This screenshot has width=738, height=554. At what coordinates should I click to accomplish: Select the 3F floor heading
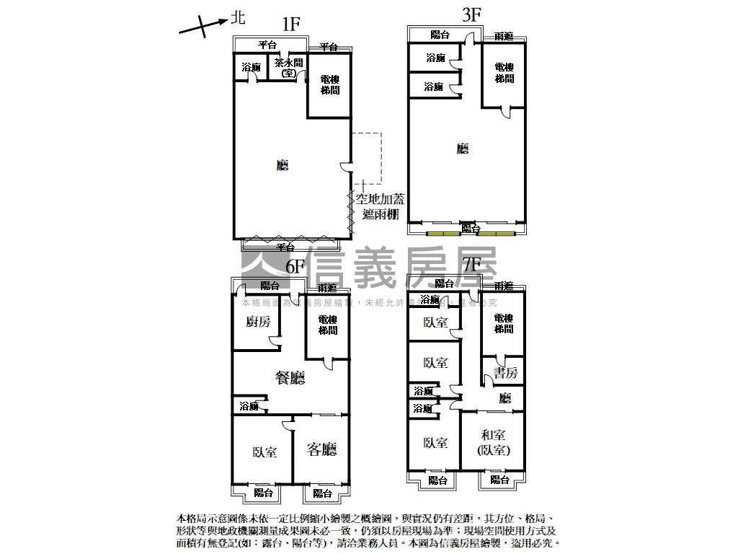[x=471, y=15]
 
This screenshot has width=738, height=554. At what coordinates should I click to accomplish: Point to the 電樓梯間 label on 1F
[x=330, y=84]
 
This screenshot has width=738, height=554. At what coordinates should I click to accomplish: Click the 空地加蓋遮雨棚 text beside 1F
[x=380, y=206]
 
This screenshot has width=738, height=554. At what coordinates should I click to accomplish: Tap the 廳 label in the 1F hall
[x=283, y=165]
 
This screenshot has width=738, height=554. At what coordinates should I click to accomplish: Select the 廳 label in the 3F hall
[x=463, y=149]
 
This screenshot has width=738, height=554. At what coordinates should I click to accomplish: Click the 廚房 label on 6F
[x=258, y=322]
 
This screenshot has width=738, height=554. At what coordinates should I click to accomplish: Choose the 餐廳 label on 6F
[x=290, y=377]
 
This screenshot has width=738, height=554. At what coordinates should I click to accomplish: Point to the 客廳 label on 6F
[x=321, y=449]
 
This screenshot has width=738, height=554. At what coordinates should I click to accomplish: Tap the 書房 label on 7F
[x=505, y=372]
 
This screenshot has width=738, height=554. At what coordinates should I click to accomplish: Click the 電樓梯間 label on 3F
[x=504, y=73]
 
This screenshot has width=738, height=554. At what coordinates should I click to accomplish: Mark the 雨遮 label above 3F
[x=504, y=36]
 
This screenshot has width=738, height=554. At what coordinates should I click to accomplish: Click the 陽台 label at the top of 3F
[x=440, y=34]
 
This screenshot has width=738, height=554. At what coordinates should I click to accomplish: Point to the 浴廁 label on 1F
[x=251, y=67]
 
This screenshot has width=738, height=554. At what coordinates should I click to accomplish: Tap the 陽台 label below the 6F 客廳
[x=322, y=493]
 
